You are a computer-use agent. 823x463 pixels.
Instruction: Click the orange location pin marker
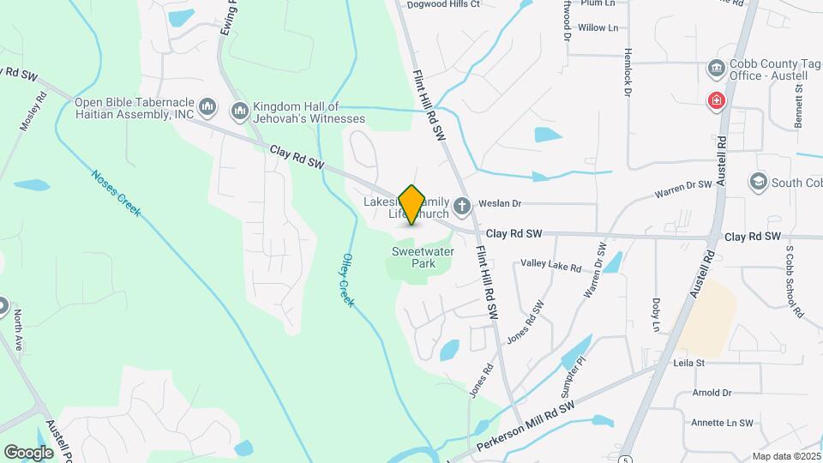[x=412, y=205]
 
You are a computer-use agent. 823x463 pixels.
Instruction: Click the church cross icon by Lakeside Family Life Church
[x=462, y=205]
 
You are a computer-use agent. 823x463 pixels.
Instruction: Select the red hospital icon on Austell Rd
[x=715, y=102]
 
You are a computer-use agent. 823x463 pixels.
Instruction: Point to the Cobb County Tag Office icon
[x=716, y=68]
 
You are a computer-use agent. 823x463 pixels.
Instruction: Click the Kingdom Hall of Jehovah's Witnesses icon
[x=239, y=111]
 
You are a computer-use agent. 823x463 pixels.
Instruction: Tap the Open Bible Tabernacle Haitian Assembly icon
[x=206, y=107]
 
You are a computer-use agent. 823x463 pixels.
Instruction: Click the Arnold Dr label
[x=714, y=394]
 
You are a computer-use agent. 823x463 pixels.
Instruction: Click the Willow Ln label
[x=598, y=28]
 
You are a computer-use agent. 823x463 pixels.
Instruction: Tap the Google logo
[x=28, y=452]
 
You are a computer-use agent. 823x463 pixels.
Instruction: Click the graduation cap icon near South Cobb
[x=758, y=182]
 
